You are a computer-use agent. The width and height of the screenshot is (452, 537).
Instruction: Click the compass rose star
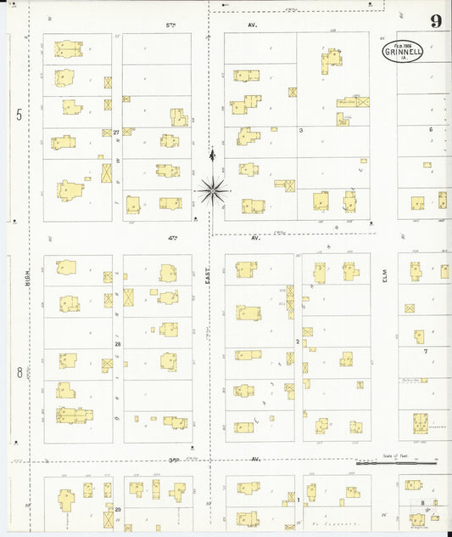click(x=213, y=190)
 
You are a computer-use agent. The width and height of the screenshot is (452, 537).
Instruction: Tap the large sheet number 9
click(x=435, y=21)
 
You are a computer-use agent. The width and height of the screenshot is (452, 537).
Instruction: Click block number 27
click(x=117, y=133)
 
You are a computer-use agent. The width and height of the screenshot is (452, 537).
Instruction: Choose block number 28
click(x=118, y=344)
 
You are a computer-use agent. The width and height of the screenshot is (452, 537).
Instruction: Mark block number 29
click(x=118, y=508)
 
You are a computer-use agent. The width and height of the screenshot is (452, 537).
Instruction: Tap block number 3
click(x=300, y=130)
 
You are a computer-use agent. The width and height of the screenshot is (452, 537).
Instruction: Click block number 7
click(x=426, y=351)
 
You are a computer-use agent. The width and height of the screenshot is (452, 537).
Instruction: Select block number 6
click(x=430, y=129)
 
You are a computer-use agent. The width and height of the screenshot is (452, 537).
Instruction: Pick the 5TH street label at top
click(x=170, y=25)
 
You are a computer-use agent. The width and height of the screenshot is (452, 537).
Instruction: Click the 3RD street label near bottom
click(x=175, y=459)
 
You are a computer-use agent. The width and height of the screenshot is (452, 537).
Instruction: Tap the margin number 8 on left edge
click(x=19, y=372)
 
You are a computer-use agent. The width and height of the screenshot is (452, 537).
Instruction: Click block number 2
click(x=298, y=342)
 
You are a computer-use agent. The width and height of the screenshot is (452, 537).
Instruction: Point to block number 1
click(x=299, y=500)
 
